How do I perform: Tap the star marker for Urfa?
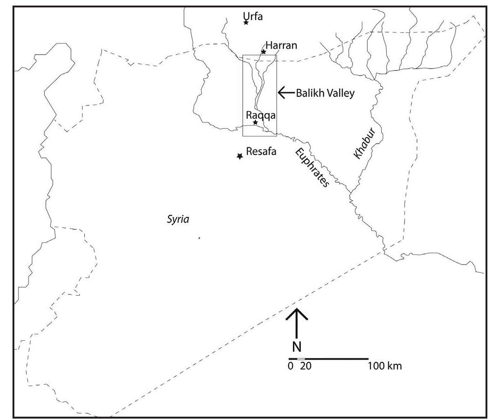point(246,22)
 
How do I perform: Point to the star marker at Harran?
point(264,51)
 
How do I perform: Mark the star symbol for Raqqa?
point(255,122)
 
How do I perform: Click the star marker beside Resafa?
point(240,157)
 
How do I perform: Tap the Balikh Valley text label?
point(325,93)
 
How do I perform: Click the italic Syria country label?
point(178,220)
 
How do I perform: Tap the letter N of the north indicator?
point(296,348)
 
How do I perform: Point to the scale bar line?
point(328,359)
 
